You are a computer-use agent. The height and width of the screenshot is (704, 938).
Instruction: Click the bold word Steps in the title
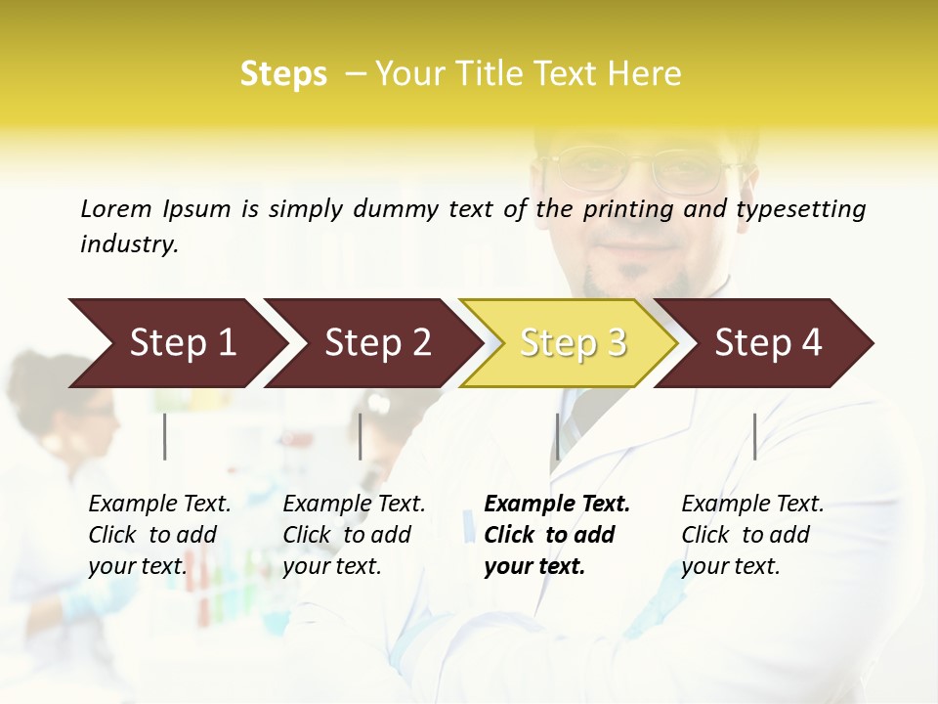[x=283, y=74]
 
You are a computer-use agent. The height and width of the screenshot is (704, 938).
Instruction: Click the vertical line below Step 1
[x=165, y=436]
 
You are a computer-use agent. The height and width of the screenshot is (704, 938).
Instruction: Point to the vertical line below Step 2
[x=361, y=436]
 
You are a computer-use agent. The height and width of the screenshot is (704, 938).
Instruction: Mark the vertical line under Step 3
[x=557, y=436]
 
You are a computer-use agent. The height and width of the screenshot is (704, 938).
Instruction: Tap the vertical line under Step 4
[x=754, y=436]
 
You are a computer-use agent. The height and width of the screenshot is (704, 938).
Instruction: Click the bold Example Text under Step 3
[x=557, y=504]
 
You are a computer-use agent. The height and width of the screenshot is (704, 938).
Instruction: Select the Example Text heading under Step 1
[x=159, y=504]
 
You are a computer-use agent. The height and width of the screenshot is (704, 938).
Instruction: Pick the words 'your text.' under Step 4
[x=730, y=566]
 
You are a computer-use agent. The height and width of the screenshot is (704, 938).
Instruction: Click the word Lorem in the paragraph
[x=116, y=208]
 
